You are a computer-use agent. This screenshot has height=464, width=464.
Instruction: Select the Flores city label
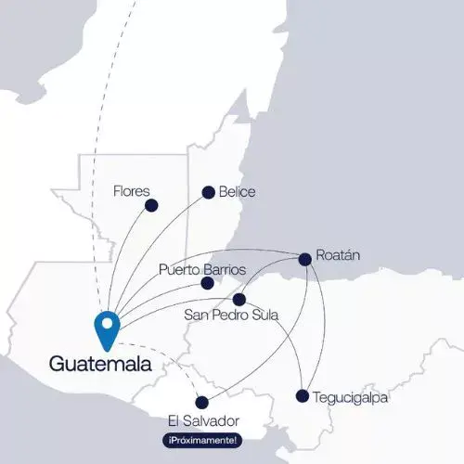point(131,191)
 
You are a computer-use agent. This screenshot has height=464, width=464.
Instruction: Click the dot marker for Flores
point(151,205)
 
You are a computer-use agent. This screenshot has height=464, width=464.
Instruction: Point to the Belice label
point(237,192)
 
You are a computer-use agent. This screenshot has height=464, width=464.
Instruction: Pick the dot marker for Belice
point(208,193)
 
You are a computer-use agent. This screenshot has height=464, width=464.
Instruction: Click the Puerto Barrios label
point(202,269)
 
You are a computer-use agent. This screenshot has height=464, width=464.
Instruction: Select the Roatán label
point(338,254)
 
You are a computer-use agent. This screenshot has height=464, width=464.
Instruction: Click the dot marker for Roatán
point(305,259)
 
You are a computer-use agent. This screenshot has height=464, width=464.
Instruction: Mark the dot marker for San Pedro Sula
point(238,299)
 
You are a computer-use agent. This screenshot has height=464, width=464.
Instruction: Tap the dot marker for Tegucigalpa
point(302,396)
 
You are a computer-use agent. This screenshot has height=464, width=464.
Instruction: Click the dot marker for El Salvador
point(202,403)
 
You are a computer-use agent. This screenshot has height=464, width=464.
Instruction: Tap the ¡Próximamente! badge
point(202,439)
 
